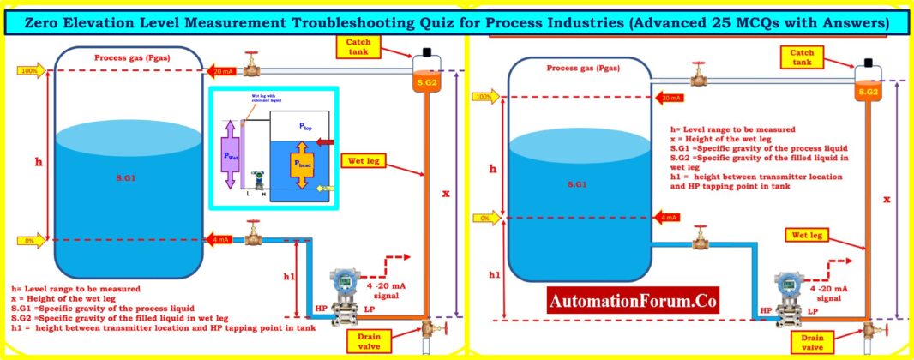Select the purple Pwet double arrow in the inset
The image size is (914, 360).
click(230, 156)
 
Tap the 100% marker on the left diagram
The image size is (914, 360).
click(27, 71)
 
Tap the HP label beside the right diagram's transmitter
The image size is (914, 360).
click(764, 310)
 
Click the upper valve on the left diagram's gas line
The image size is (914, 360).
click(252, 64)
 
